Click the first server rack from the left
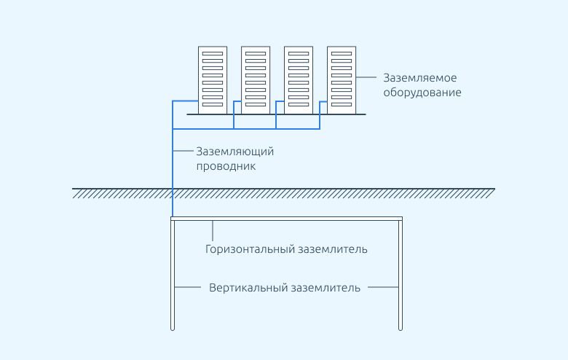213,79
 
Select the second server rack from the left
256,79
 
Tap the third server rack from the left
299,79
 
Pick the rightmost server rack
342,79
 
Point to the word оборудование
422,93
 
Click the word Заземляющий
234,152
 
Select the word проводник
226,166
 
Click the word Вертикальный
245,287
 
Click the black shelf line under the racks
277,114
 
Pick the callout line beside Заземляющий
183,152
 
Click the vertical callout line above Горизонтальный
213,230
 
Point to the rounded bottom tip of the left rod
173,329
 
